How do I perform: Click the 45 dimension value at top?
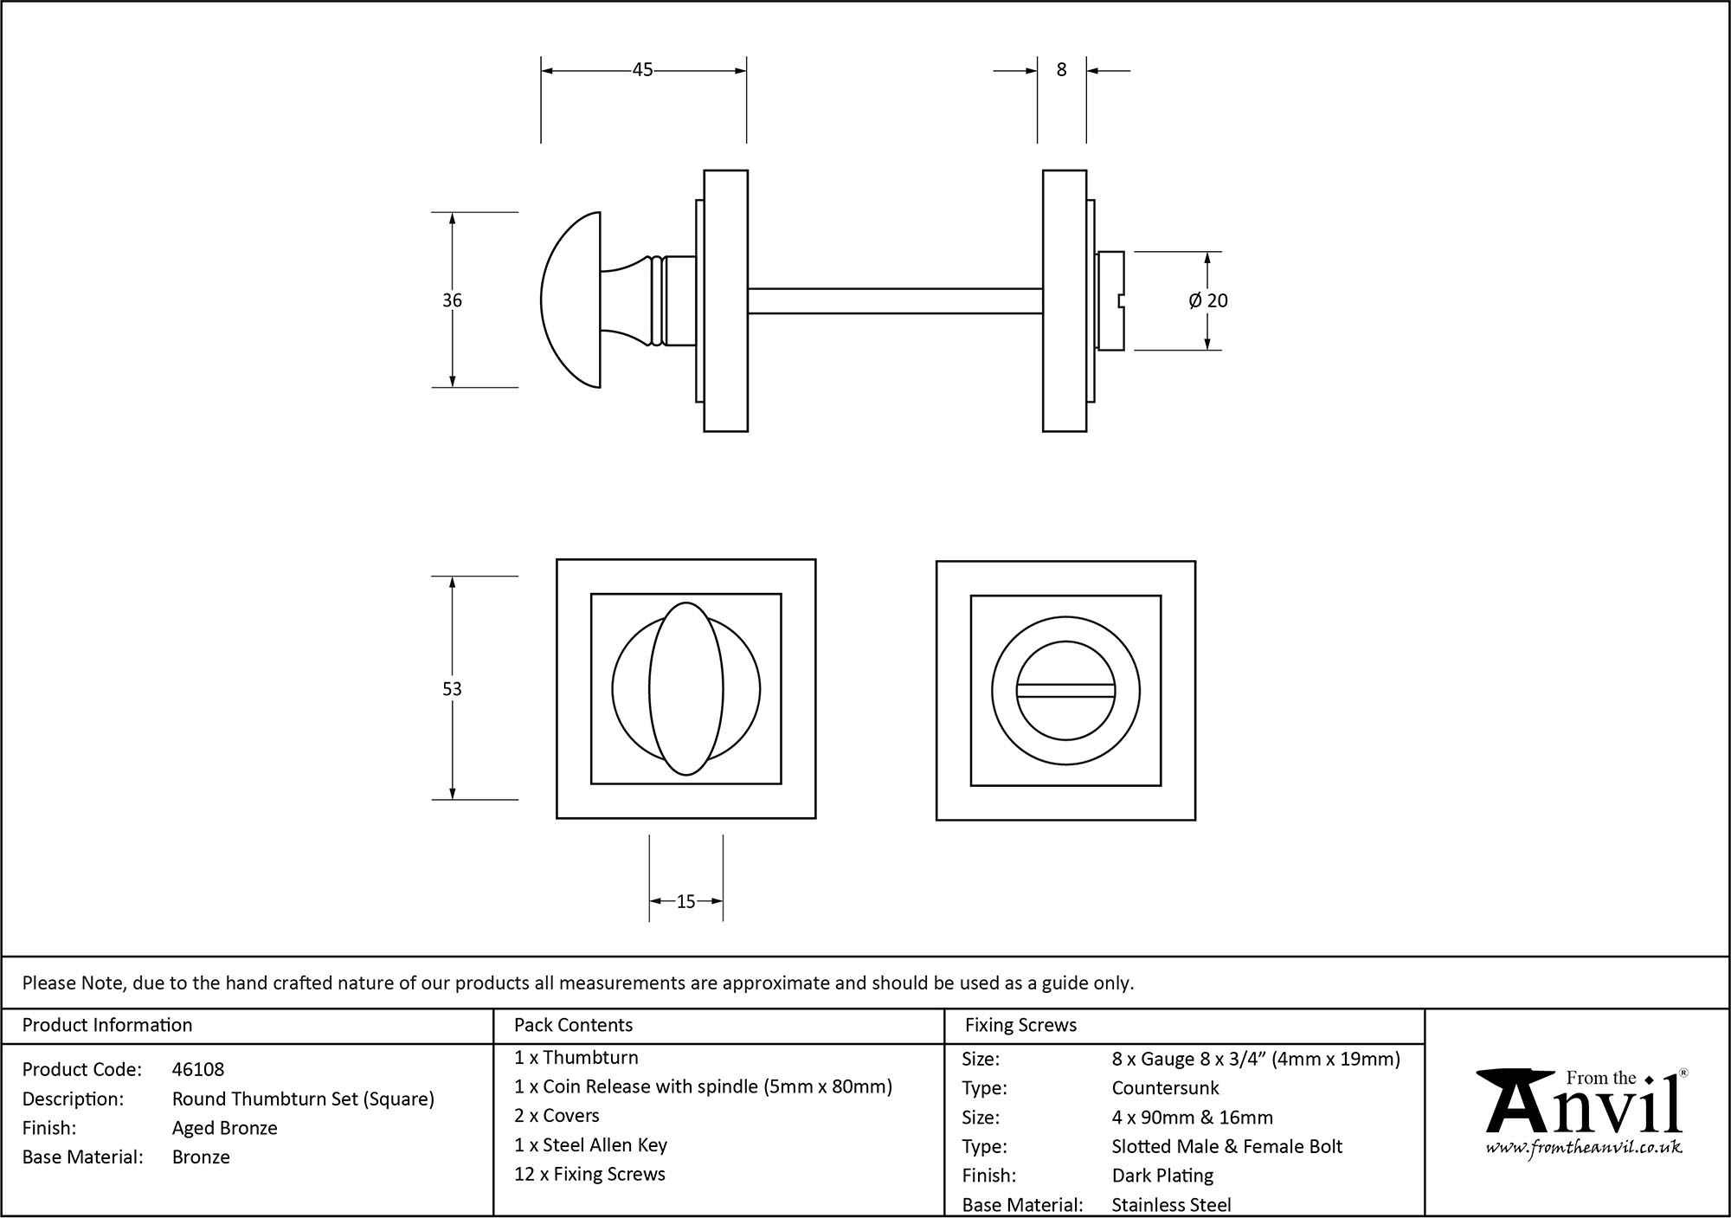(x=642, y=70)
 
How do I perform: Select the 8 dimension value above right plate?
(x=1062, y=70)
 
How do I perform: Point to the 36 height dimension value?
(x=452, y=300)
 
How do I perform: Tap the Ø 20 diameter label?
(x=1208, y=300)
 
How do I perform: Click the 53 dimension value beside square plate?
(x=452, y=689)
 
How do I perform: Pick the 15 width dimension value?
(x=685, y=902)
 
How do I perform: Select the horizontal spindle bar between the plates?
(x=894, y=300)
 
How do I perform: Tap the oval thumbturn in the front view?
(x=685, y=689)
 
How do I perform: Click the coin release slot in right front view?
(x=1065, y=690)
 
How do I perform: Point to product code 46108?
(x=198, y=1069)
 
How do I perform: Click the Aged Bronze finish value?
(x=225, y=1128)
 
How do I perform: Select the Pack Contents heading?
(x=573, y=1025)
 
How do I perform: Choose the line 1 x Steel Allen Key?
(x=590, y=1145)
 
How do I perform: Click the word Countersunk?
(x=1165, y=1088)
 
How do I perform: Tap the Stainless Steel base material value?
(x=1171, y=1204)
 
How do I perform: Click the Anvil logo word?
(x=1584, y=1108)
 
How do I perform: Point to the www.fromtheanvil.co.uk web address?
(x=1584, y=1148)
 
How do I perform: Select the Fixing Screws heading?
(x=1020, y=1025)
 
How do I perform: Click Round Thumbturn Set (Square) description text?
(x=303, y=1099)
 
